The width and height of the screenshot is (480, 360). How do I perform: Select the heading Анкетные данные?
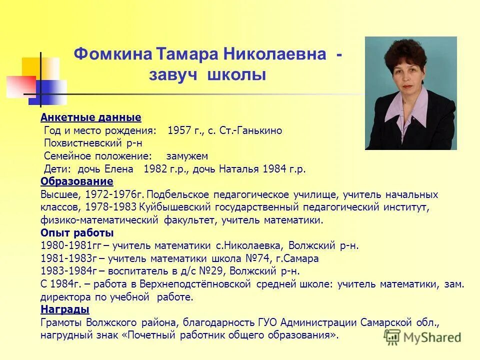(91, 117)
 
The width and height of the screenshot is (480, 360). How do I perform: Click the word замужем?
(187, 156)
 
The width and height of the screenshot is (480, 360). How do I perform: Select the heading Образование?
(77, 181)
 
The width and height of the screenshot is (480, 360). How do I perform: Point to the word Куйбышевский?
(171, 206)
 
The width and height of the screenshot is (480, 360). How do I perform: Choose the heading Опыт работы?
(77, 233)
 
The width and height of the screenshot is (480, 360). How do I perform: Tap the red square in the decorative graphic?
(21, 86)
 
